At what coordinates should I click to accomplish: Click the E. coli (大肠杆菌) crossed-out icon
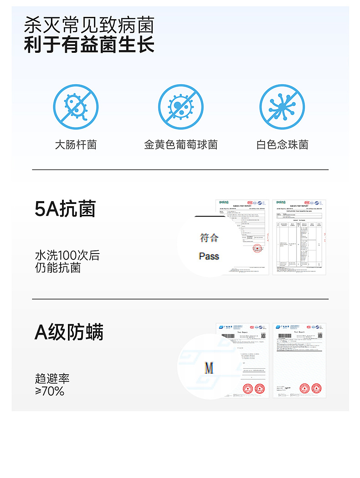point(76,107)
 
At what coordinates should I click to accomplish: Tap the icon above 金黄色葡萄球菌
point(180,107)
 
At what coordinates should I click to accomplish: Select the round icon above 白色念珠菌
point(282,107)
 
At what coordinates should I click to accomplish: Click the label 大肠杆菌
point(76,145)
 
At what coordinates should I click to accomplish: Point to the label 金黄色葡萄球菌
point(180,145)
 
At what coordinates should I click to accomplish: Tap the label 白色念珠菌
point(282,145)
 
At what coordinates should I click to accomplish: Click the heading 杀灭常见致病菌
point(89,25)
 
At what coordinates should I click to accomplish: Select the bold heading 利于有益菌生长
point(89,45)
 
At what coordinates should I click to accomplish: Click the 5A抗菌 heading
point(65,209)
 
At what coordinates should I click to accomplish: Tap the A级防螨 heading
point(69,332)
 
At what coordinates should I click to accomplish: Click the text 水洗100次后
point(67,255)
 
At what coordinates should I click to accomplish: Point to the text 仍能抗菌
point(58,268)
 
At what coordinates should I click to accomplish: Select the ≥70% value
point(50,391)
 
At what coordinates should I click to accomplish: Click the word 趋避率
point(52,378)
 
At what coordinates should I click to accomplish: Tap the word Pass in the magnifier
point(209,256)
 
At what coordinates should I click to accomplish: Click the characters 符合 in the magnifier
point(209,238)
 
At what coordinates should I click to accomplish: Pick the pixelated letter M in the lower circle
point(209,367)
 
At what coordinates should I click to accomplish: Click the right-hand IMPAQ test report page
point(299,237)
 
